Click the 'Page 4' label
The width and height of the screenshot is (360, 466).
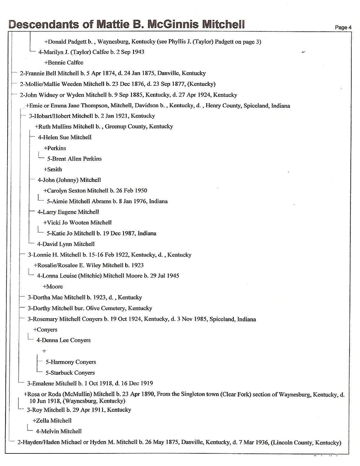click(x=343, y=27)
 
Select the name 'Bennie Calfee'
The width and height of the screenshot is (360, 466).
click(x=65, y=63)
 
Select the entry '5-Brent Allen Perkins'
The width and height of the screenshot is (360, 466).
click(x=74, y=159)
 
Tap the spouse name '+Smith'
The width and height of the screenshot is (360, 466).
click(x=53, y=170)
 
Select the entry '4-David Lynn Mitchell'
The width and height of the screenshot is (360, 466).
click(x=66, y=244)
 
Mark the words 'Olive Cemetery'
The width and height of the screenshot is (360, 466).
click(x=106, y=308)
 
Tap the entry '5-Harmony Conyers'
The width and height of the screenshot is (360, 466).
click(x=71, y=362)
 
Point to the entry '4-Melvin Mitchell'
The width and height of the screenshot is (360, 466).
click(x=59, y=431)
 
